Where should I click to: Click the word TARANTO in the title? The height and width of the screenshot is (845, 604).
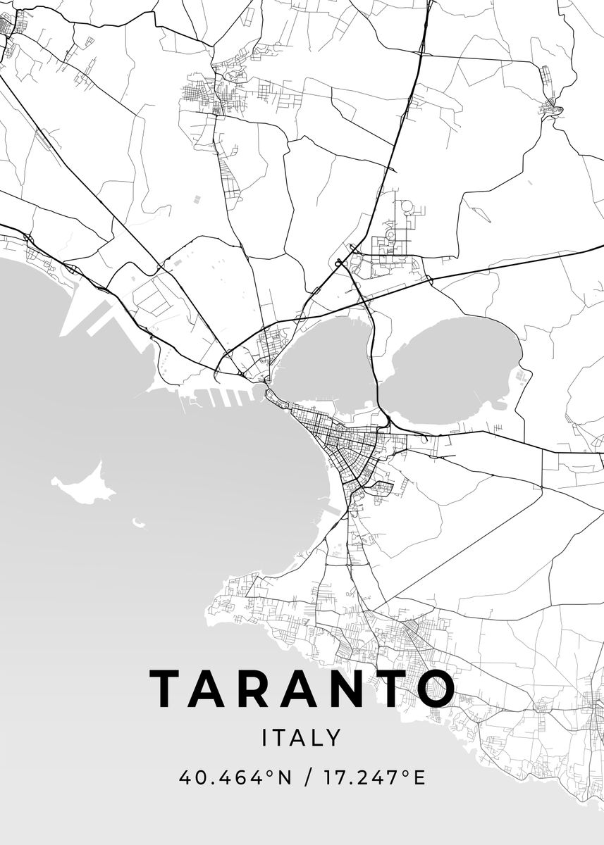click(302, 688)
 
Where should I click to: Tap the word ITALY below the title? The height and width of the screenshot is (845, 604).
click(302, 738)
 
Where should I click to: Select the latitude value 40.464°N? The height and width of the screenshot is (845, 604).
click(235, 777)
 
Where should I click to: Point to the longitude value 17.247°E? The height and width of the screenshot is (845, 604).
click(374, 777)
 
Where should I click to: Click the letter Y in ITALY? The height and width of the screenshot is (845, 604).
click(334, 738)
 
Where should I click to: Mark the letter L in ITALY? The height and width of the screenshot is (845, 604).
click(315, 738)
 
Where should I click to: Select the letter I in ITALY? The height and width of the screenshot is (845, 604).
click(265, 738)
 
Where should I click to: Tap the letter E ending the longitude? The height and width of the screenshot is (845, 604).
click(419, 777)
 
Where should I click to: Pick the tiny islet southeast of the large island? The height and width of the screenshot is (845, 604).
click(139, 523)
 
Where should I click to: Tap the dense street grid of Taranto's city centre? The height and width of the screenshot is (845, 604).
click(345, 444)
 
